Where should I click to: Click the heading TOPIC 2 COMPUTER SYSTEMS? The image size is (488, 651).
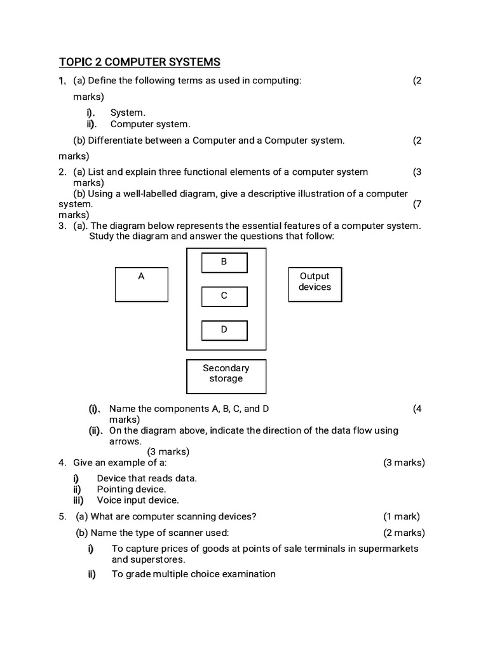[x=140, y=62]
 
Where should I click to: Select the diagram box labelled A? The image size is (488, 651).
[x=141, y=284]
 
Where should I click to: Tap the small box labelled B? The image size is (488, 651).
[x=224, y=262]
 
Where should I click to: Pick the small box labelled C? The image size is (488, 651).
[x=224, y=296]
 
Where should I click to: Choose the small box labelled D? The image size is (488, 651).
[x=224, y=330]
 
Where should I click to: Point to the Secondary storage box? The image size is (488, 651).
[x=226, y=376]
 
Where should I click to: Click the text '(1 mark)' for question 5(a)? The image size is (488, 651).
[x=401, y=516]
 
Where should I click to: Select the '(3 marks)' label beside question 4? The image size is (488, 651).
[x=403, y=462]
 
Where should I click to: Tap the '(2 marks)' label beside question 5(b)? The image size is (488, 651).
[x=403, y=533]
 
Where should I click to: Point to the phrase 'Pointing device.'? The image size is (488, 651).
[x=132, y=489]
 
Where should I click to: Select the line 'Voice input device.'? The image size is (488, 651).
[x=138, y=500]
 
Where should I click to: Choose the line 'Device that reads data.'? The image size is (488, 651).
[x=147, y=478]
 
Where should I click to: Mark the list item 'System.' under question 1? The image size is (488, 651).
[x=128, y=113]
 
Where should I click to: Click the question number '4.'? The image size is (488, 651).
[x=62, y=462]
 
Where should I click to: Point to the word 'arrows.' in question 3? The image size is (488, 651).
[x=125, y=441]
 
